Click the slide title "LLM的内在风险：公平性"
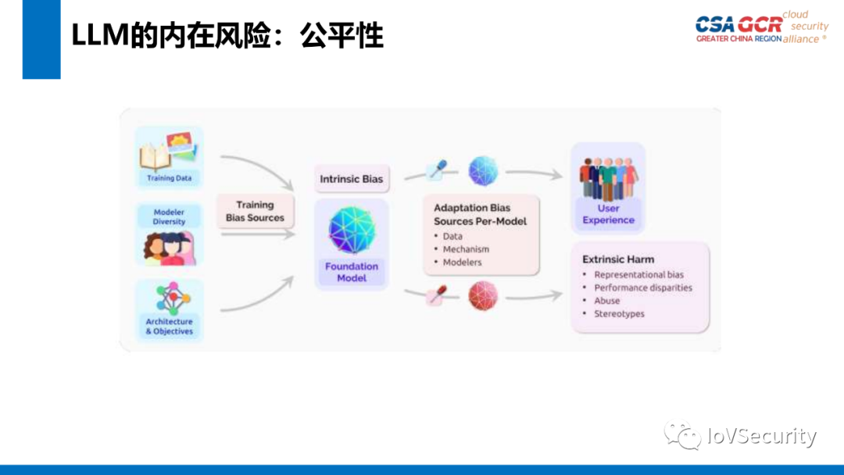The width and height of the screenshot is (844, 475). (227, 36)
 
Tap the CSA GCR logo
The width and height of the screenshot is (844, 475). (760, 27)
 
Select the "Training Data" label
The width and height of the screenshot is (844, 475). (169, 178)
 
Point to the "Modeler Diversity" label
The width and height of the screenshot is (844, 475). (169, 216)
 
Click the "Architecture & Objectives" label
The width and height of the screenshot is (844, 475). (169, 327)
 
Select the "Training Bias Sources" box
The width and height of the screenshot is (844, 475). (255, 211)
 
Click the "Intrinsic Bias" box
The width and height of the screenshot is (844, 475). (351, 179)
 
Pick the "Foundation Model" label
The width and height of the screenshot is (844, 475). (351, 272)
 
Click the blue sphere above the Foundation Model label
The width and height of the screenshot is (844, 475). (351, 230)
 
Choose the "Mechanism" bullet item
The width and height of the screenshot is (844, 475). (466, 249)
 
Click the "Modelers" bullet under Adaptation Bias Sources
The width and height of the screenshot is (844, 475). (462, 262)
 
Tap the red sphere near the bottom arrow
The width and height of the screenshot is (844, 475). (482, 296)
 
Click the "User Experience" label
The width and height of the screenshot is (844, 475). (608, 214)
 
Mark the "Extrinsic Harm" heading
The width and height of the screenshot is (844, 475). (618, 259)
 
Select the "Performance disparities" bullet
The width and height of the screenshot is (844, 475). (642, 287)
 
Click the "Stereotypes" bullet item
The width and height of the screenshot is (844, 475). (619, 314)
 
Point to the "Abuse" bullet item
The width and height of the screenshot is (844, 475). (606, 301)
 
